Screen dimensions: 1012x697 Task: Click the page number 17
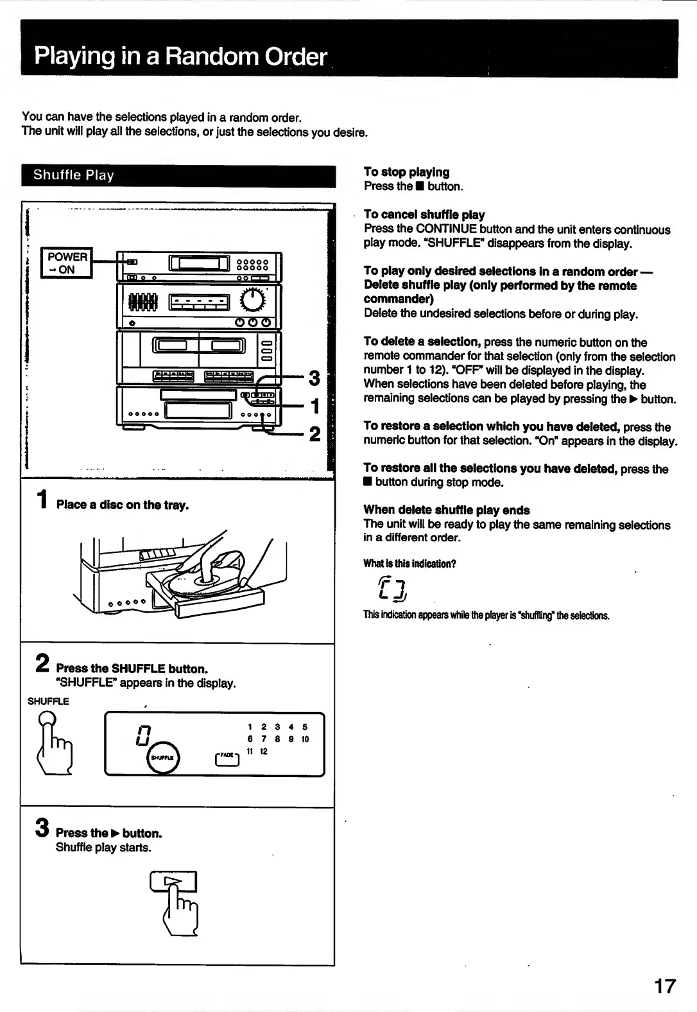[x=665, y=986]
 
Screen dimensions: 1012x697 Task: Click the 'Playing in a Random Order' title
[x=180, y=57]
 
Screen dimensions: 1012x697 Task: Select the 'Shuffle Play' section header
[x=74, y=175]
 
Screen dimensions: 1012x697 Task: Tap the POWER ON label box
[x=67, y=263]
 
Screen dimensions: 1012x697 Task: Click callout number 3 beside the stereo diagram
[x=314, y=378]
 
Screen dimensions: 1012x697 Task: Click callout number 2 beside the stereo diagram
[x=314, y=434]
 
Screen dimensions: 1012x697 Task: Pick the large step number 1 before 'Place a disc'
[x=42, y=500]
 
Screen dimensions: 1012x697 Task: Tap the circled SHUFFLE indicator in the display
[x=163, y=758]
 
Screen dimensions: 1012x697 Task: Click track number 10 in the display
[x=305, y=740]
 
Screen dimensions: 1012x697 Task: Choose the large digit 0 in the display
[x=143, y=735]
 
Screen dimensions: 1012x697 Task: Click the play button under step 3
[x=173, y=882]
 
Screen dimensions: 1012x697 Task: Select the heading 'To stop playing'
[x=406, y=172]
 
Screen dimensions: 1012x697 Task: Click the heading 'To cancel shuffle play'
[x=424, y=214]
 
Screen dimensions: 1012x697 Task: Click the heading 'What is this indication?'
[x=409, y=564]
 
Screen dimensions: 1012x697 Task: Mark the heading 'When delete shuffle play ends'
[x=447, y=510]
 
